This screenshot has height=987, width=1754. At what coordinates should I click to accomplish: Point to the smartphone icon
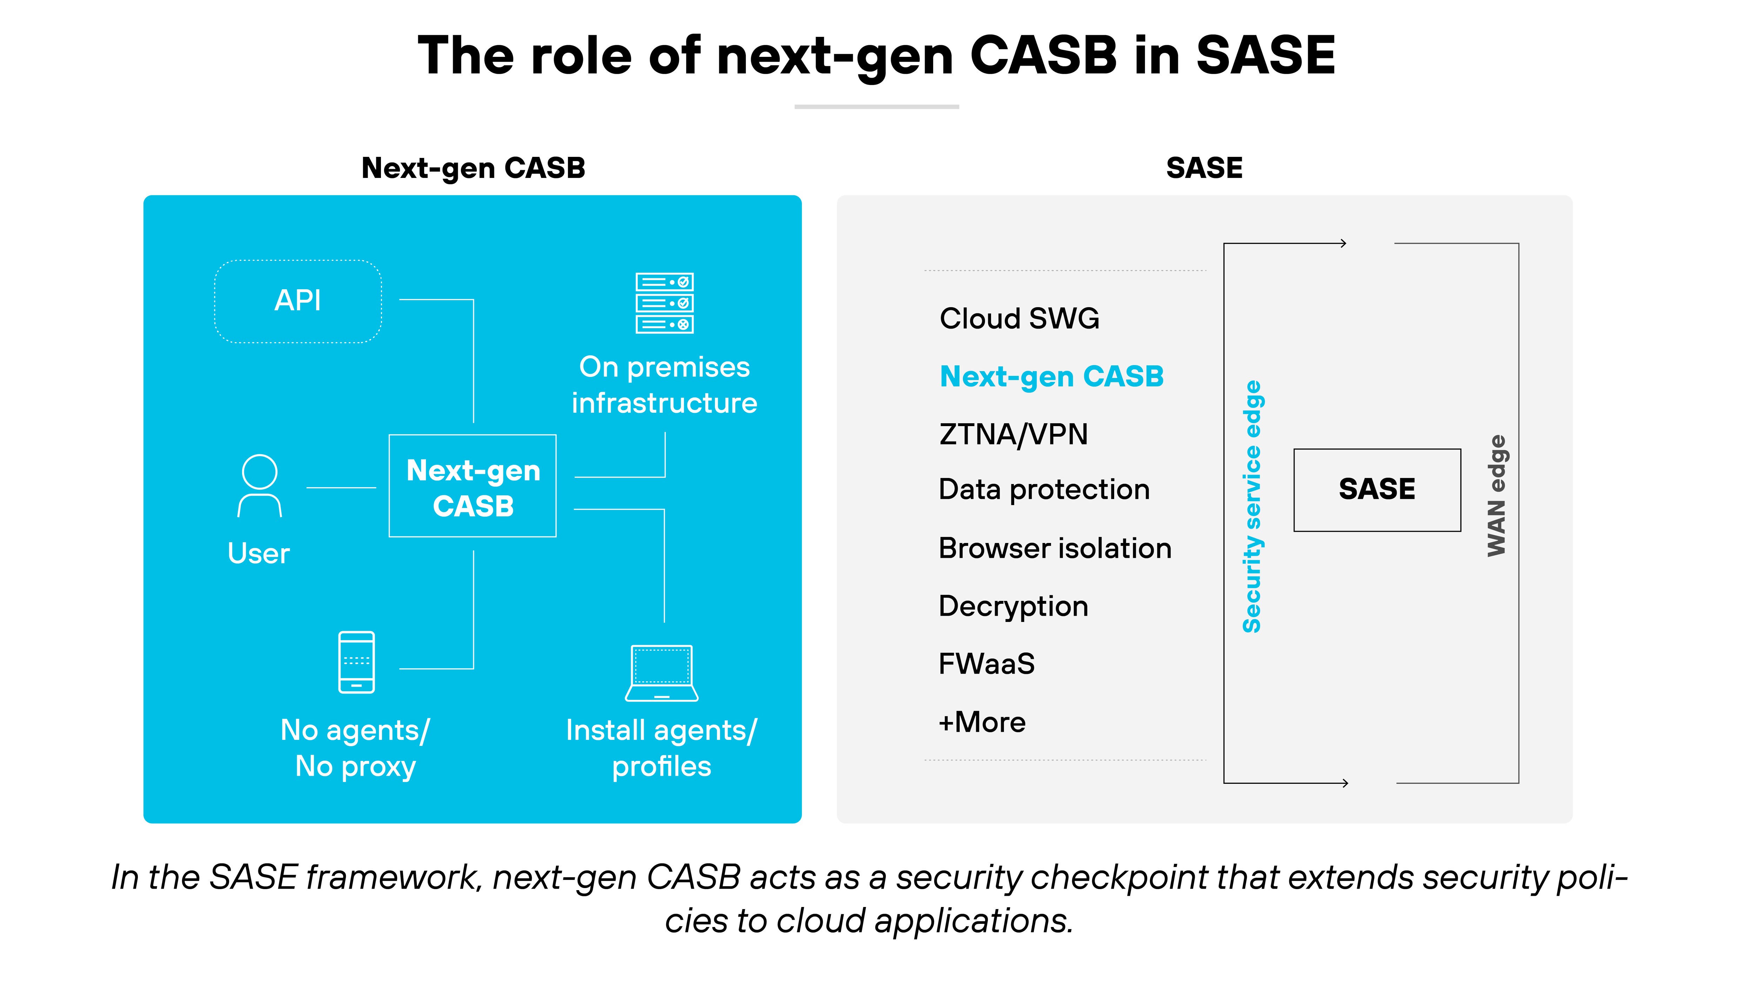(x=356, y=662)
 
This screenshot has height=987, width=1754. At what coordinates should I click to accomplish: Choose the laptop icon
(x=661, y=673)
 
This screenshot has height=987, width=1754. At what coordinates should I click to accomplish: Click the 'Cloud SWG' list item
(x=1019, y=318)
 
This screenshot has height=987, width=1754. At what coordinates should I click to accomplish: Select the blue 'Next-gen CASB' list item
(x=1051, y=376)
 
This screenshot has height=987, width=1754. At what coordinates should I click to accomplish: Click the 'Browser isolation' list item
(x=1055, y=548)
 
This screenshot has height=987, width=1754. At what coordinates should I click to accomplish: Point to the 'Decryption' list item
(x=1013, y=606)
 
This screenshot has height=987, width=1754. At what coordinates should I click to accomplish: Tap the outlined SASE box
(x=1377, y=490)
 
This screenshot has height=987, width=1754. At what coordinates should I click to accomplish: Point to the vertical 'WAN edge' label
(x=1496, y=495)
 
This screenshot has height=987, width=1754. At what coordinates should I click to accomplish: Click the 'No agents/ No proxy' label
(x=355, y=748)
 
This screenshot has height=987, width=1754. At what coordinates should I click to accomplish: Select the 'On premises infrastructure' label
(x=664, y=385)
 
